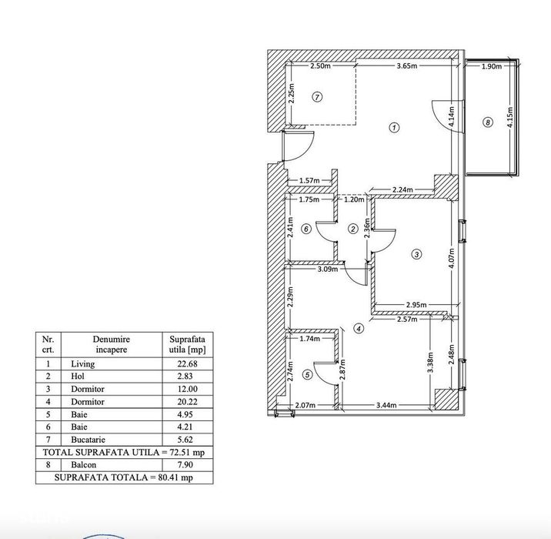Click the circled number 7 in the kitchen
coord(317,97)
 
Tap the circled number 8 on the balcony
coord(488,122)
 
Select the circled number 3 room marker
coord(416,254)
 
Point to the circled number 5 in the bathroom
coord(308,375)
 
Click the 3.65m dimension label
coord(407,65)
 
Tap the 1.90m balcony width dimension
coord(491,66)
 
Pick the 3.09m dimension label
coord(328,269)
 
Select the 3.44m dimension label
coord(386,405)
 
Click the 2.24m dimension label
coord(402,190)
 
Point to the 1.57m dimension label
coord(309,181)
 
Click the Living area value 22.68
coord(187,364)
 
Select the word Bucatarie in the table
coord(88,440)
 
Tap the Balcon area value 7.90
coord(185,465)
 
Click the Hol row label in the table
coord(78,377)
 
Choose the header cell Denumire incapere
coord(112,344)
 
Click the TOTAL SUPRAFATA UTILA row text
coord(124,452)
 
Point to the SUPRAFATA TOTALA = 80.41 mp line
coord(124,477)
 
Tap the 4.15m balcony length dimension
coord(510,118)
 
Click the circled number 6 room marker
coord(306,229)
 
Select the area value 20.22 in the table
coord(187,401)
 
